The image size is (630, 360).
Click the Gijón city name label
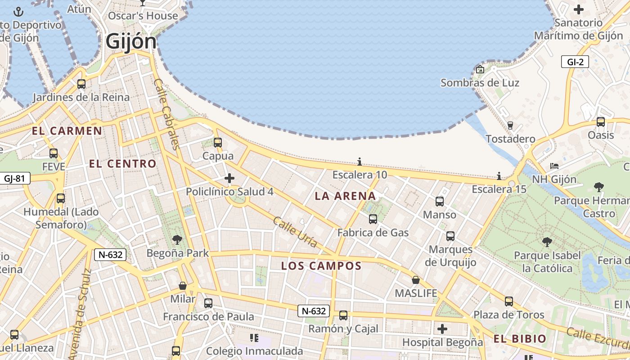(131, 42)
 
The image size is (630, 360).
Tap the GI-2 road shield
(575, 62)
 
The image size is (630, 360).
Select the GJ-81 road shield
(14, 179)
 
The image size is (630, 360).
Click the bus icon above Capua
(218, 143)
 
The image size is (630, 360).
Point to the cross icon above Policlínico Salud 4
(229, 179)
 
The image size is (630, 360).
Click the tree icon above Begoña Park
(177, 239)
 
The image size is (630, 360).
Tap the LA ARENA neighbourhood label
(345, 196)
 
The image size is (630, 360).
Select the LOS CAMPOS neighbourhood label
(321, 266)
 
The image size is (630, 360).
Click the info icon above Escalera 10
(360, 162)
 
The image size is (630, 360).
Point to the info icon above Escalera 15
(499, 176)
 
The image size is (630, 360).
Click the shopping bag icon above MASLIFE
(416, 280)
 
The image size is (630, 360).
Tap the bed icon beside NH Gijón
(554, 166)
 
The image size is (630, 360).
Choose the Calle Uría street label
(295, 232)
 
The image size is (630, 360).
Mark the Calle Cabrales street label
(166, 114)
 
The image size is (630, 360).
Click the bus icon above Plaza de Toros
(509, 301)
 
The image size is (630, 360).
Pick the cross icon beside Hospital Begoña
(442, 329)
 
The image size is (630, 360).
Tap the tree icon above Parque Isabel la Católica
(547, 242)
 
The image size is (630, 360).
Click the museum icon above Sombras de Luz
(480, 69)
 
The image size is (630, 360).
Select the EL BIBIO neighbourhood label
(520, 339)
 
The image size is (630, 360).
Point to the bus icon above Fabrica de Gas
(373, 219)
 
